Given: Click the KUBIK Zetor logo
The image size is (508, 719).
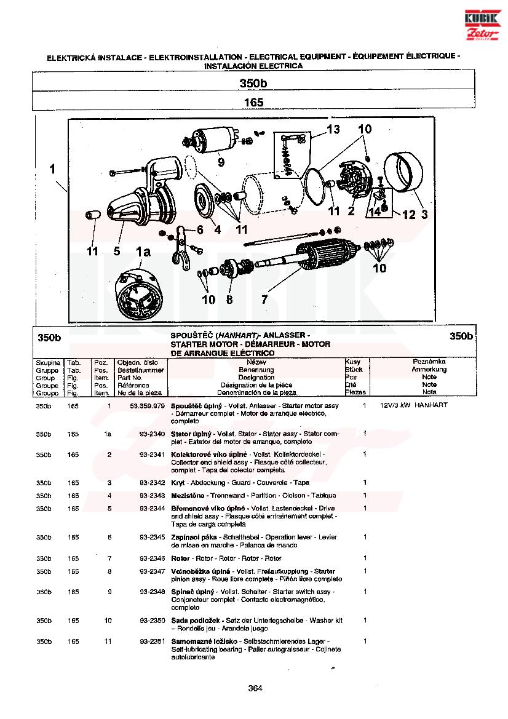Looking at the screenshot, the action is point(482,25).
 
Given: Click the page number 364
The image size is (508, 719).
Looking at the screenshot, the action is point(255,688).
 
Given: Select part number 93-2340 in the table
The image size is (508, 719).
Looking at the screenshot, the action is point(153,434).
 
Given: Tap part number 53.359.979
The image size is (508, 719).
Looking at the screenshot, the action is point(147,406).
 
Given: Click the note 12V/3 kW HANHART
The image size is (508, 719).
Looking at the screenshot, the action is point(413,405).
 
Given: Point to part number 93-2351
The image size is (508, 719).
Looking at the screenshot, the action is point(153,642).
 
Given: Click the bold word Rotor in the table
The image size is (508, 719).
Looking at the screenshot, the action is point(180,558).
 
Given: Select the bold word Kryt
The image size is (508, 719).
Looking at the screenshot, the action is point(178,483).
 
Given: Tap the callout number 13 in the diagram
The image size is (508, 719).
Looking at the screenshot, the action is point(333,129).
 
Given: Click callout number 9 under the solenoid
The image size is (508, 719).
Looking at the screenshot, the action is point(221,162).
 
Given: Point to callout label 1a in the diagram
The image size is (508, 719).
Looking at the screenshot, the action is point(143,252).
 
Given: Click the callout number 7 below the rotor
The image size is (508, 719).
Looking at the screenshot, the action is point(264,300).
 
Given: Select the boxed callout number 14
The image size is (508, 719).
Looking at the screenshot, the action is point(375,212).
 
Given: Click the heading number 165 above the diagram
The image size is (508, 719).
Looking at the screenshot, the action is point(253,102).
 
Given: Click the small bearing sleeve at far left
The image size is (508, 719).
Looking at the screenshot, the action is point(93,215).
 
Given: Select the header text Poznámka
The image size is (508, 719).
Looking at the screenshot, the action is point(429,362).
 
